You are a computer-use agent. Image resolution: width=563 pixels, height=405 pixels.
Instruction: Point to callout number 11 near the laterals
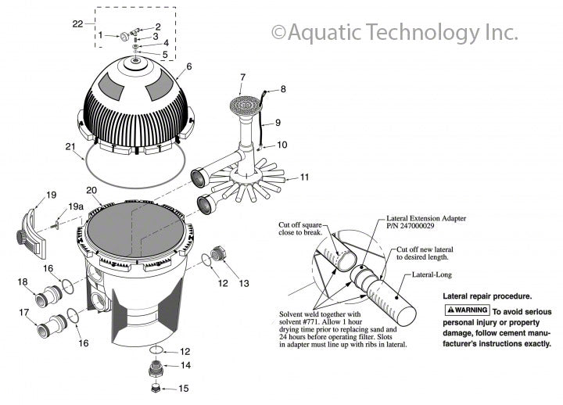[x=304, y=177]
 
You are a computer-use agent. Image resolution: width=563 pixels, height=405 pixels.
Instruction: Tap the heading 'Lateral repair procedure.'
[x=487, y=296]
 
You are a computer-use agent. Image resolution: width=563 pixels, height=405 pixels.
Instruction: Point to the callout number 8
[x=283, y=89]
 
